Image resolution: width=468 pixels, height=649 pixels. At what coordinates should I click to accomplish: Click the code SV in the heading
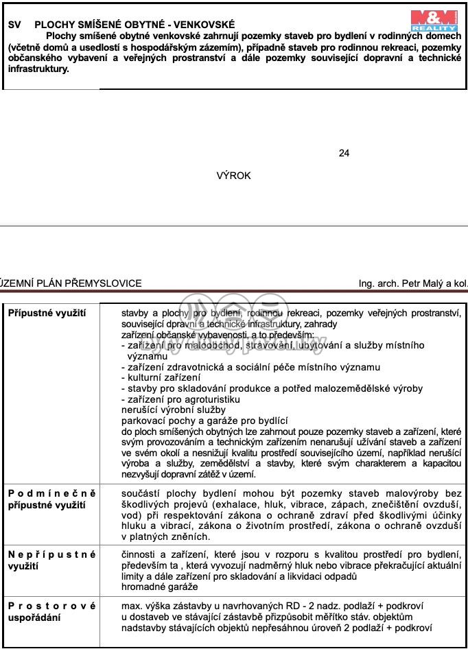tap(14, 24)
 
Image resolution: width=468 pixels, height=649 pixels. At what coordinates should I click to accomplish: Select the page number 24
tap(344, 153)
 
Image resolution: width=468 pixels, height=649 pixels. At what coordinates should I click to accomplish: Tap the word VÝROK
tap(233, 176)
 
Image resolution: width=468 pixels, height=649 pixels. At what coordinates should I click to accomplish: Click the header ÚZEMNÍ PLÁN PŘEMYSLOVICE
tap(71, 283)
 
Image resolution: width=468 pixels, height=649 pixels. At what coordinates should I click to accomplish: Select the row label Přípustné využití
tap(47, 313)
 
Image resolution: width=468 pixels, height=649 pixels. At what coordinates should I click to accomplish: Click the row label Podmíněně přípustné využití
tap(51, 499)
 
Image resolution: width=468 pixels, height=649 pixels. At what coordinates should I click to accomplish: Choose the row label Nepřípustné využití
tap(51, 560)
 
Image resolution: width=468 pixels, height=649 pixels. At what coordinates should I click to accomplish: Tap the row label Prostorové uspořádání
tap(51, 611)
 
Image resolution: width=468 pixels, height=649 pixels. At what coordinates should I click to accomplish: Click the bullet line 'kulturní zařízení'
tap(161, 377)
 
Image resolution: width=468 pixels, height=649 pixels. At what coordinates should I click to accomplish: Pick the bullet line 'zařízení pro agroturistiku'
tap(180, 399)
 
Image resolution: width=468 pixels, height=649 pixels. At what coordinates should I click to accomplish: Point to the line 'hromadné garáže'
tap(159, 587)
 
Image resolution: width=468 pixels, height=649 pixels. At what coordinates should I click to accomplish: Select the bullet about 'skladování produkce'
tap(272, 388)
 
